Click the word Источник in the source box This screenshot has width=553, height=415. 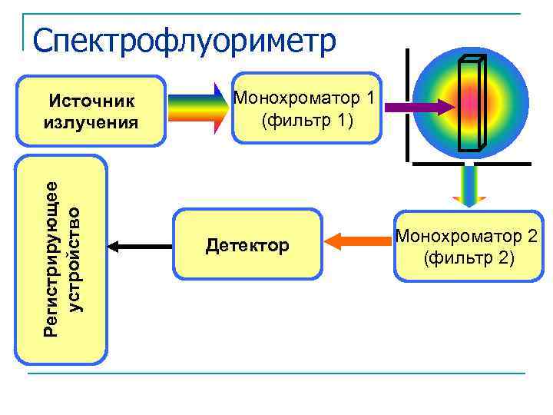click(92, 101)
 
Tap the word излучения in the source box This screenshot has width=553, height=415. click(92, 121)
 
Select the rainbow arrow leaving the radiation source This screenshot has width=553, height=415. click(196, 107)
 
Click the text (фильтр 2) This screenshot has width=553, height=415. click(469, 257)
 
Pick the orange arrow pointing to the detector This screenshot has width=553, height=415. click(358, 241)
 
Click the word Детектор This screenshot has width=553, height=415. click(247, 246)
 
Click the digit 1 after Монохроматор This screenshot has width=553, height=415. click(370, 98)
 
